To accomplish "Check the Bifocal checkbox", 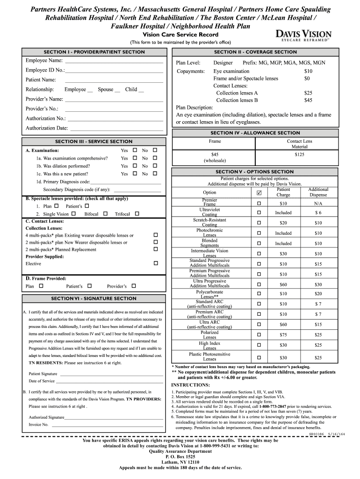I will coord(105,214).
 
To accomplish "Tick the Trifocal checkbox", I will coord(137,214).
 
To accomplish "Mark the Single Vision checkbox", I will coord(74,214).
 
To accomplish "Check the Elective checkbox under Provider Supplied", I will coord(156,263).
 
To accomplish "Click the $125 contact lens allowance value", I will coord(300,154).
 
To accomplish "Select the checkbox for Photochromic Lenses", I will coord(259,233).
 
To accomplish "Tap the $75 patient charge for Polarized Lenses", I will coord(283,335).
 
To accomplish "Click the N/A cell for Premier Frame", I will coord(318,204).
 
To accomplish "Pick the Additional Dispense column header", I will coord(318,192).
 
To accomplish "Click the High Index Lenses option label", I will coord(209,346).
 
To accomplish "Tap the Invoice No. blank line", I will coord(108,425).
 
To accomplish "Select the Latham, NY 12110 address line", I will coord(180,462).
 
